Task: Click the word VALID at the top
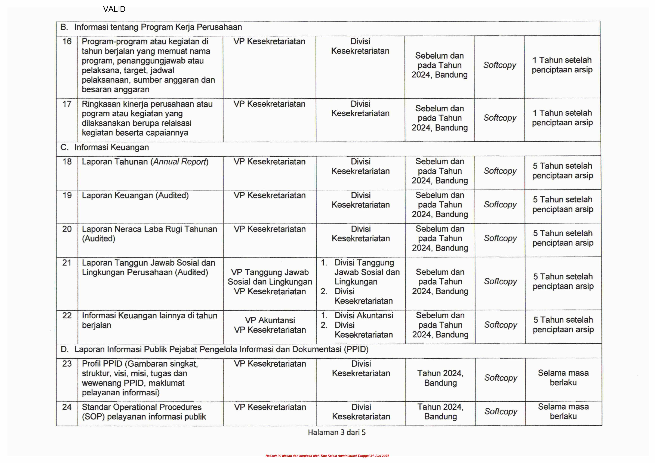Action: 114,9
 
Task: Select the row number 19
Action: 67,196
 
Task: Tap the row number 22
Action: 67,316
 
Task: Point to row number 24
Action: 67,407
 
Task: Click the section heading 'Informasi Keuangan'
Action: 112,147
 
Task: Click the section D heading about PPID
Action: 221,349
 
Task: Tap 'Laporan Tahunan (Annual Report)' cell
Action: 145,162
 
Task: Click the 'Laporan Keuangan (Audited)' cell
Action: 135,196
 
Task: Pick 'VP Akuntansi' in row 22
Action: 270,320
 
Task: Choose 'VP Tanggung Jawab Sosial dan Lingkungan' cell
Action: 270,277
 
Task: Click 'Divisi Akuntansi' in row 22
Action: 364,316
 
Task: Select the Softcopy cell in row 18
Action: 500,171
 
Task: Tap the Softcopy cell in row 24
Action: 501,412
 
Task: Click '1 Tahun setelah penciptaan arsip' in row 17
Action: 562,118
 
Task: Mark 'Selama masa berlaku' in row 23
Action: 563,378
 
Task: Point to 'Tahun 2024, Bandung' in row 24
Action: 440,412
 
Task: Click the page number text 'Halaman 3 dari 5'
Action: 337,433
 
